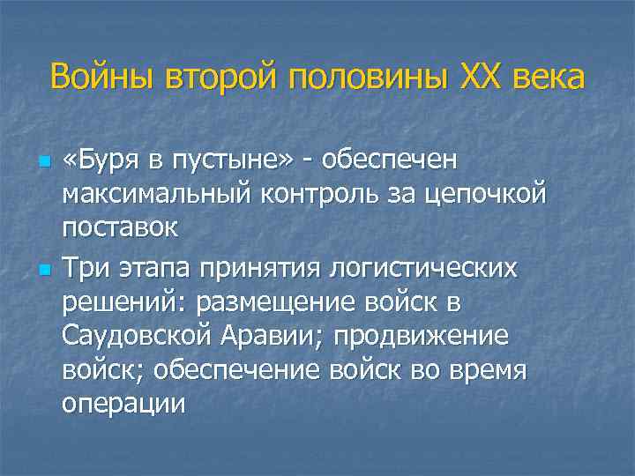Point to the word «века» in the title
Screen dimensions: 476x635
click(548, 77)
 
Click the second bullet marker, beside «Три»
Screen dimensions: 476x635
click(44, 267)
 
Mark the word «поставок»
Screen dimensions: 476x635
click(119, 227)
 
